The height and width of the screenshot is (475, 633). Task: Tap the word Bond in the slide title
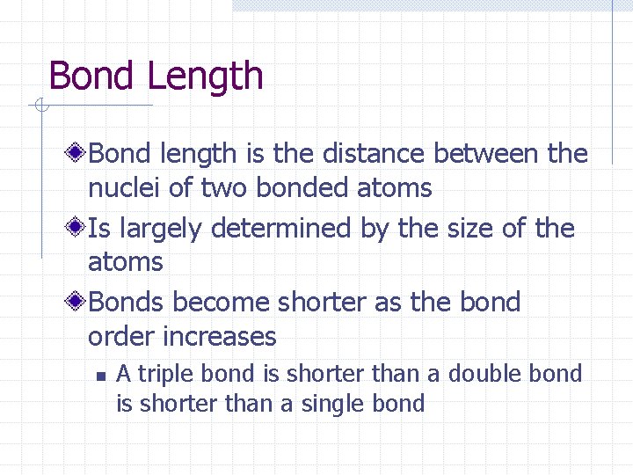point(93,76)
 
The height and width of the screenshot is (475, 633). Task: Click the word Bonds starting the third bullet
point(127,303)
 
